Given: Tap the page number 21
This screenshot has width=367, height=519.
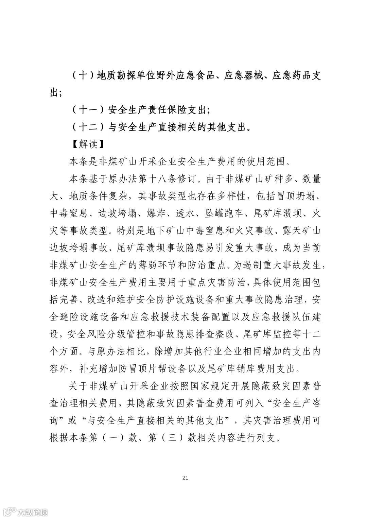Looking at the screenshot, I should pyautogui.click(x=185, y=478).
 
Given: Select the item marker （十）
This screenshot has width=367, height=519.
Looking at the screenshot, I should pyautogui.click(x=83, y=75).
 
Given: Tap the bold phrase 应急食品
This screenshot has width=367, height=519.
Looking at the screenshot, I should pyautogui.click(x=196, y=75).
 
